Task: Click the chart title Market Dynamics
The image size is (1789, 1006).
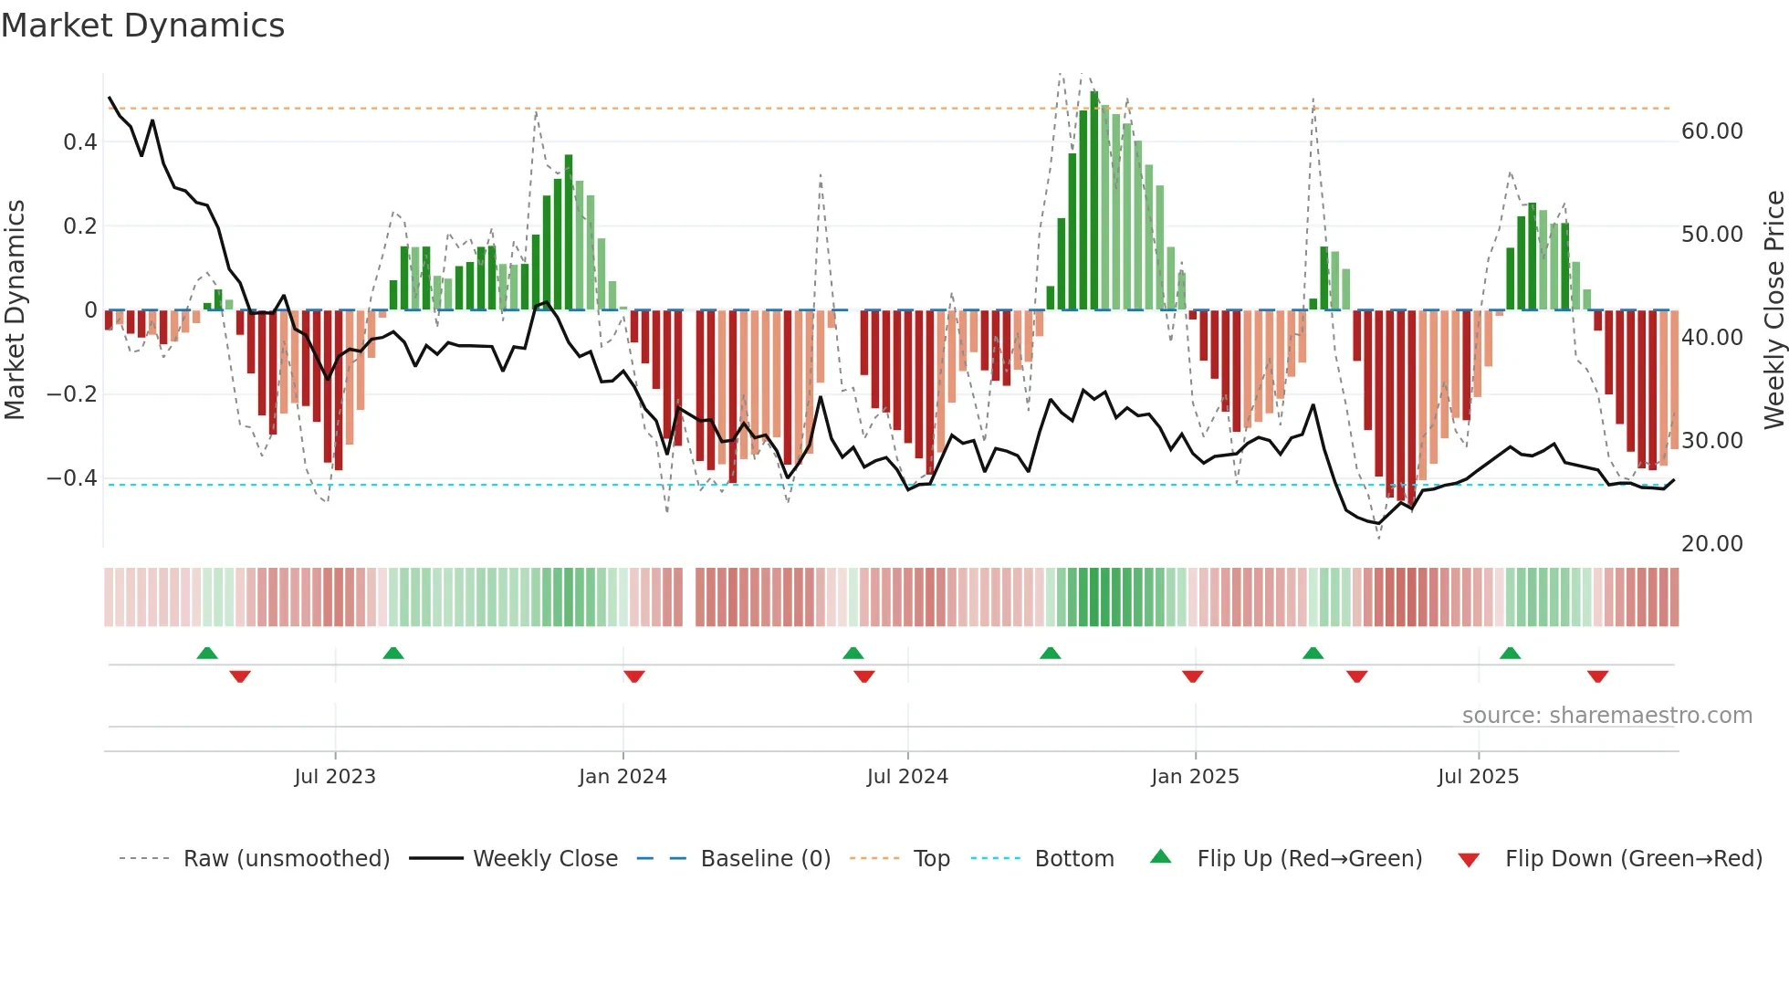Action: tap(142, 26)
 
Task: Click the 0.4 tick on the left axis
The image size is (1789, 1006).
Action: tap(80, 141)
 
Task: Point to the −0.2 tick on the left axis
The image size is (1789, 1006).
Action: tap(72, 393)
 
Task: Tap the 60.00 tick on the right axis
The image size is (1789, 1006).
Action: tap(1711, 131)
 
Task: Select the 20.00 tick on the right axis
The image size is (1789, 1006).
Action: tap(1711, 543)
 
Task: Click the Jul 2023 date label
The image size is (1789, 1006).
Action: tap(335, 776)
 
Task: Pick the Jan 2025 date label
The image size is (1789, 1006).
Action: tap(1195, 776)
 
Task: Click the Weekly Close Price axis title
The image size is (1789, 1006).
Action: tap(1773, 309)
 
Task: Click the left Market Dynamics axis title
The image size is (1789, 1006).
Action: tap(16, 309)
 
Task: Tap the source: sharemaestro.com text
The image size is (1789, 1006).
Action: tap(1606, 715)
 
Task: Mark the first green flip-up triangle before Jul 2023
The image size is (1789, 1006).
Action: tap(207, 653)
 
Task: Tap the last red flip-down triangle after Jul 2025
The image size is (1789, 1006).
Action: tap(1597, 676)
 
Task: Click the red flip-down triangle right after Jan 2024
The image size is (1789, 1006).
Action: tap(634, 676)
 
